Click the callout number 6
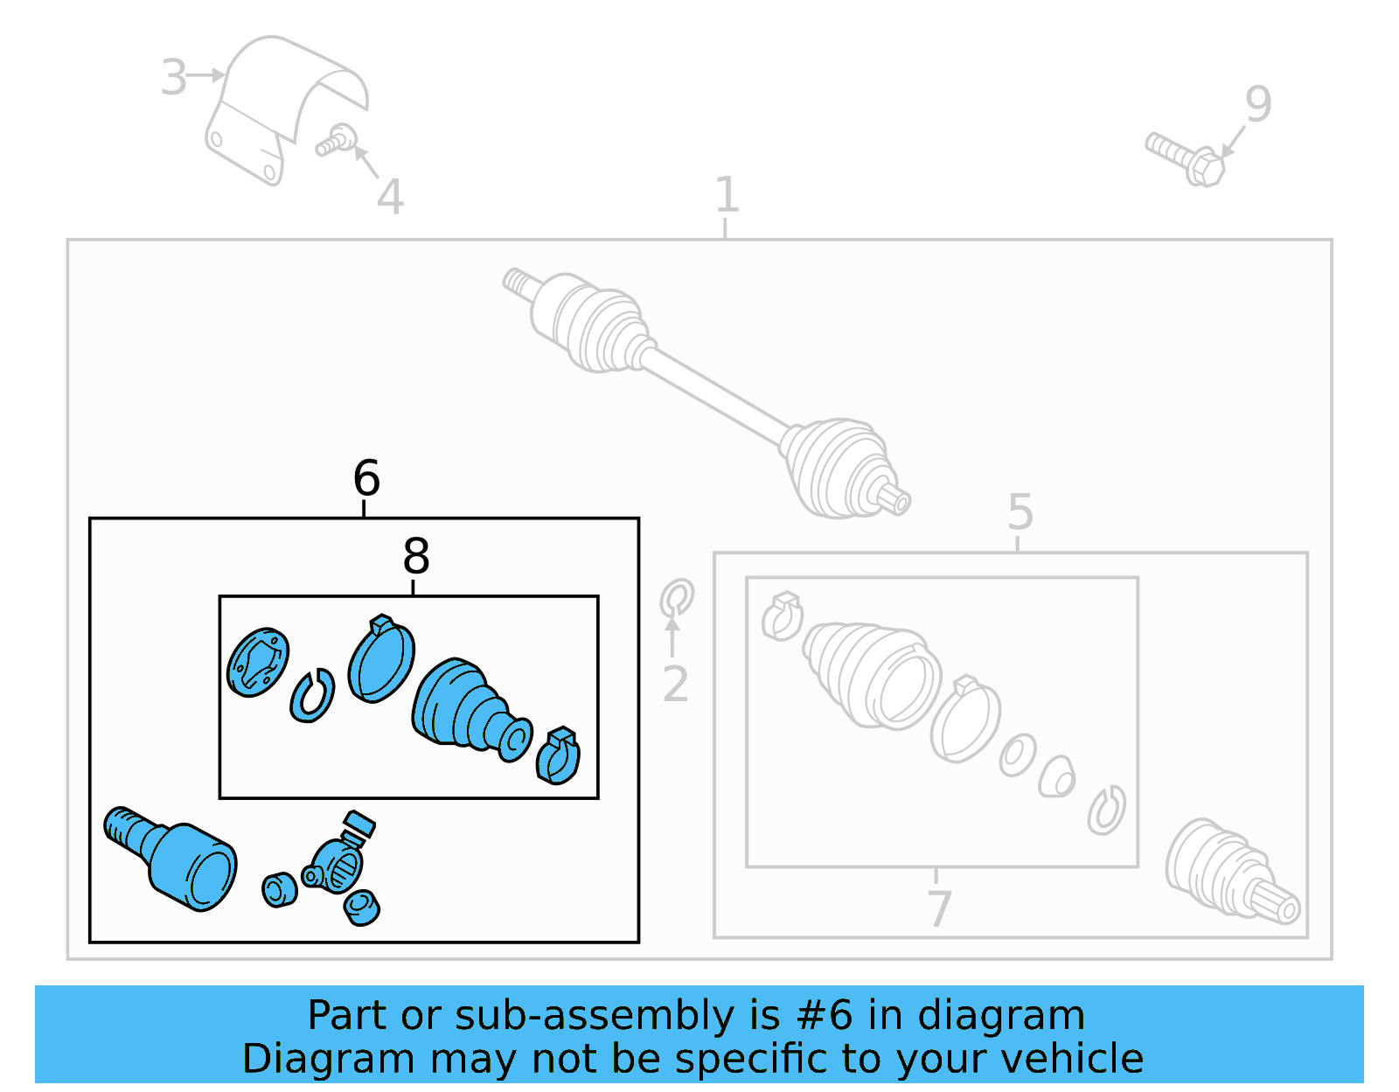tap(366, 478)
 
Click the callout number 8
tap(416, 556)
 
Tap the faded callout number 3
tap(173, 77)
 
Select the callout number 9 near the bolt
tap(1257, 104)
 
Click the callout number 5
tap(1020, 511)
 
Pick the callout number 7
tap(938, 908)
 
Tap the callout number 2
tap(675, 685)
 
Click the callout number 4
tap(390, 198)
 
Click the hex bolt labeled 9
tap(1187, 158)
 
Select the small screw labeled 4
tap(336, 141)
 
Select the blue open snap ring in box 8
tap(312, 696)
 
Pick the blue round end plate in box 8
tap(257, 662)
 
